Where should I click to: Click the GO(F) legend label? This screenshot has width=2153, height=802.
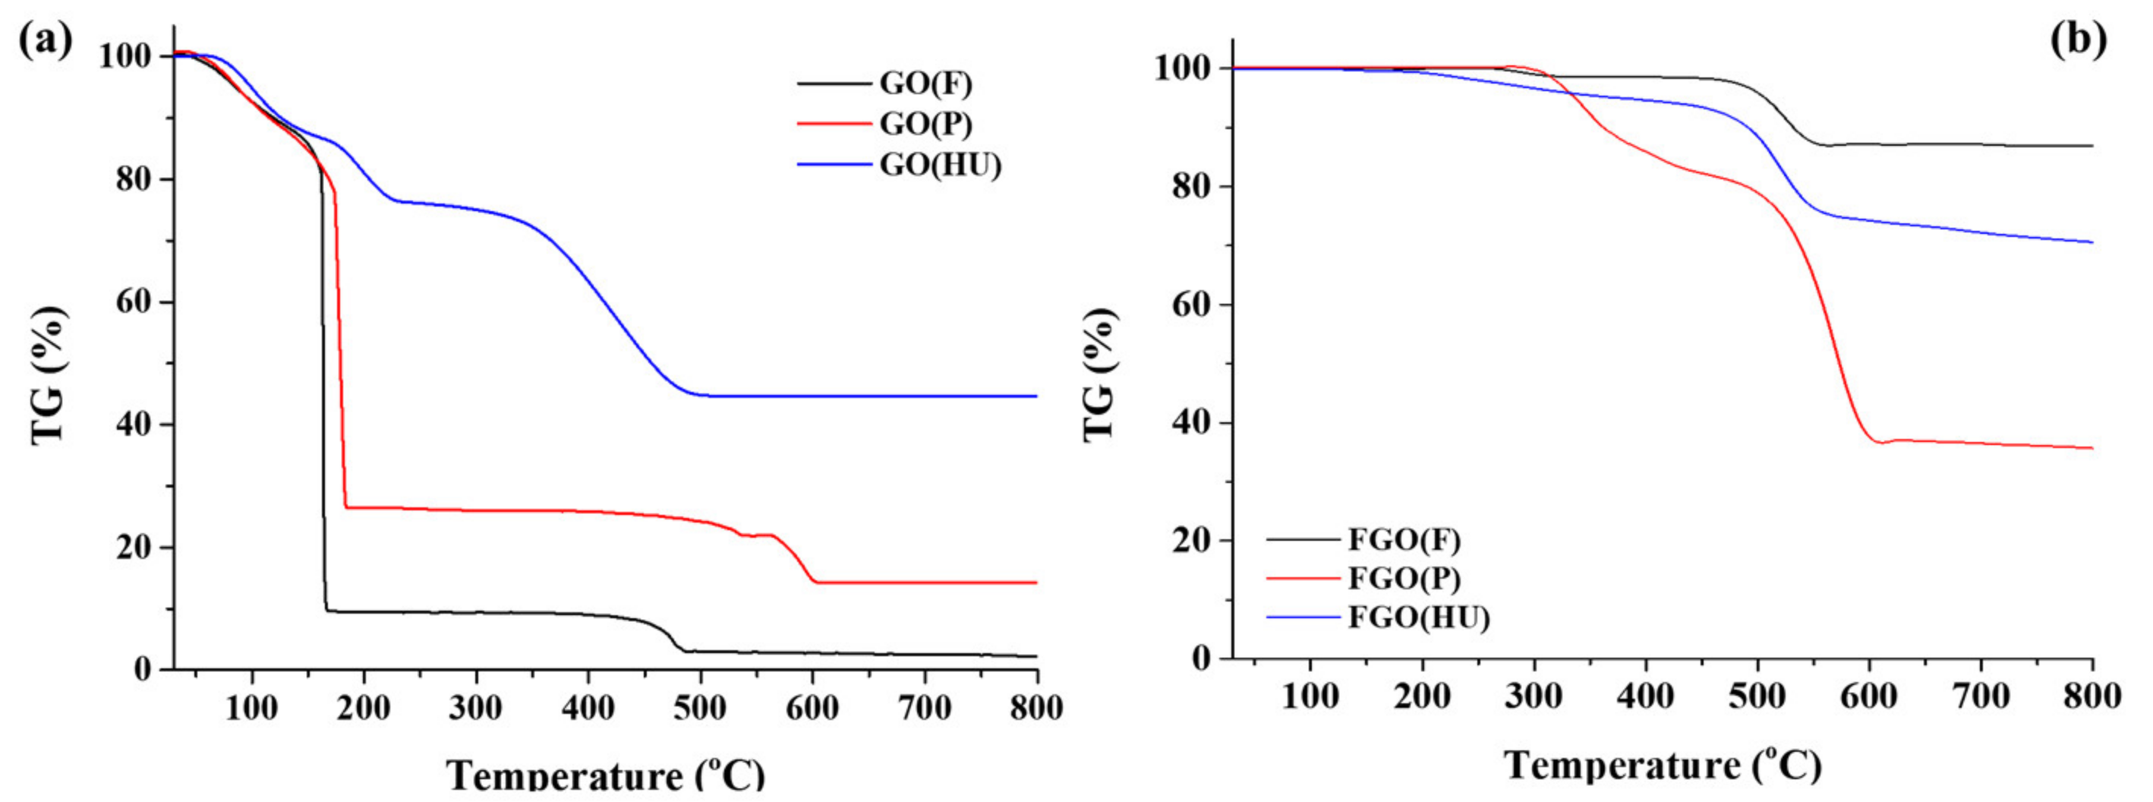point(925,84)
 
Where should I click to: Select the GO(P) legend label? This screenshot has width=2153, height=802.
point(925,125)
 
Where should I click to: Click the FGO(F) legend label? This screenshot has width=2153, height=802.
point(1404,540)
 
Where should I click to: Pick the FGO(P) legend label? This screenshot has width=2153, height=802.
point(1404,579)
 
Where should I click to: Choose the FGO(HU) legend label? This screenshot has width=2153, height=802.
point(1418,618)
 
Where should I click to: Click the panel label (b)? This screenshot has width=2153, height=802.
point(2079,40)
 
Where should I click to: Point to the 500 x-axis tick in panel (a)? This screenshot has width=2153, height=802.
point(699,709)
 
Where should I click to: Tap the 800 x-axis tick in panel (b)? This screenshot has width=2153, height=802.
point(2092,696)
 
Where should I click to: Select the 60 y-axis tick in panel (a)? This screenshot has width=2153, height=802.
point(136,302)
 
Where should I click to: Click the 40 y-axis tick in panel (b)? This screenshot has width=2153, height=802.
point(1192,423)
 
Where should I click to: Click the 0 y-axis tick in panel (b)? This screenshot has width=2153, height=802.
point(1201,658)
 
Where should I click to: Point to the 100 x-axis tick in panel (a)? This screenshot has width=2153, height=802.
point(251,709)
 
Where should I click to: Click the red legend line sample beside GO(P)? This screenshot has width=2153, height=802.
point(834,125)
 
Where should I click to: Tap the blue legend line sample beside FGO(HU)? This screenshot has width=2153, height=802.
point(1303,618)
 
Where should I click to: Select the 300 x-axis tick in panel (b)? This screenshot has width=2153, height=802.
point(1534,696)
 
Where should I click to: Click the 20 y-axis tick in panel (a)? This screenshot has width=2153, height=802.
point(136,548)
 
